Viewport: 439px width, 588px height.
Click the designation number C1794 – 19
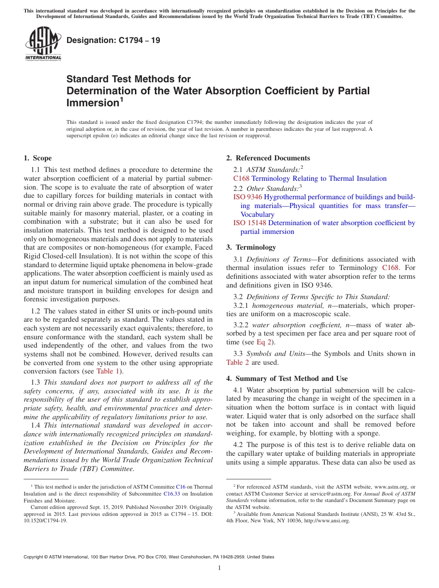coord(113,40)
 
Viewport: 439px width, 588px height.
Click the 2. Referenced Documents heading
coord(268,158)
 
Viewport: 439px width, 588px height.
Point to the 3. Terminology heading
coord(257,247)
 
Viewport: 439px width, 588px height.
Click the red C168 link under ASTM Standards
coord(241,178)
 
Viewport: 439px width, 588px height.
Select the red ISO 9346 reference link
coord(247,197)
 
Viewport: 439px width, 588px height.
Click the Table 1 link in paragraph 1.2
coord(108,371)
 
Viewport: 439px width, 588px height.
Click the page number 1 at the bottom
coord(219,568)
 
